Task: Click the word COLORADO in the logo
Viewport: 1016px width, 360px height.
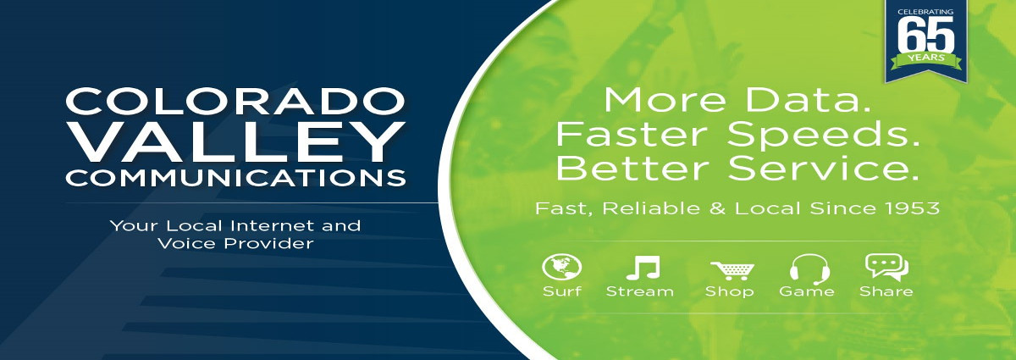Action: pos(235,101)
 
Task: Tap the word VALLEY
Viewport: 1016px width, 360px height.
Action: pos(235,141)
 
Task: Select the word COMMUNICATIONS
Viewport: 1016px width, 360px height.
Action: pos(235,178)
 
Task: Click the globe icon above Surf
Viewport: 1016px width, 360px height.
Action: pos(561,268)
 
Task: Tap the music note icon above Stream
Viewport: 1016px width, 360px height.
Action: pos(643,268)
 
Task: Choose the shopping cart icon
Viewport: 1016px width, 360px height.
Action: pos(732,270)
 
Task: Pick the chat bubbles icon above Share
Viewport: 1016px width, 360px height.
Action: pos(886,267)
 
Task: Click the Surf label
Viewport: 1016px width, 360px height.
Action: pos(561,291)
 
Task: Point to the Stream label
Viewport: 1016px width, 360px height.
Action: pos(640,291)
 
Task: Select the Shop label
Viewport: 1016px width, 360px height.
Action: pos(729,291)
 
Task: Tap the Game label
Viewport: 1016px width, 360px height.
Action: pos(806,291)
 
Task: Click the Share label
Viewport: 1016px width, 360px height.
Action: pos(886,291)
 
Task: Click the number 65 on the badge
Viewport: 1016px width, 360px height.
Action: pos(925,35)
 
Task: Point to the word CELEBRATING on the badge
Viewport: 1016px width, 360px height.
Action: pos(925,12)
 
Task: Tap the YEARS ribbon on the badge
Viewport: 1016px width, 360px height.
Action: pos(926,60)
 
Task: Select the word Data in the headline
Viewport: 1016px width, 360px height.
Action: pos(808,100)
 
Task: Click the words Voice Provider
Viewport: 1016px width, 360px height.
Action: pos(235,244)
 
